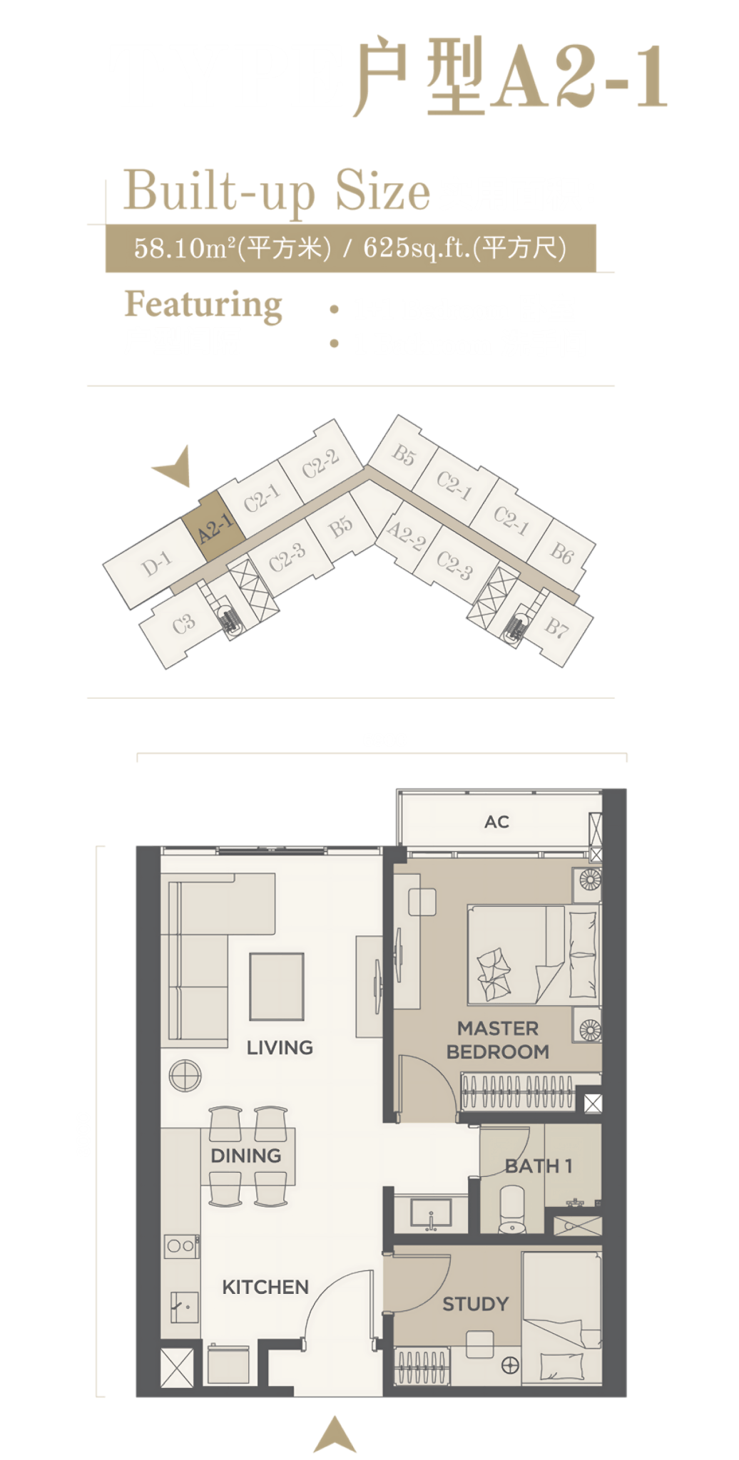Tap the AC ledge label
point(496,822)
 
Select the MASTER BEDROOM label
point(498,1039)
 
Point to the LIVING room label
point(280,1047)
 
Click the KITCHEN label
point(265,1287)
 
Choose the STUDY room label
point(476,1304)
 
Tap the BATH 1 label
point(539,1166)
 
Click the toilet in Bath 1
point(512,1208)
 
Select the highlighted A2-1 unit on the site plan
point(214,527)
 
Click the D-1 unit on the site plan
point(156,564)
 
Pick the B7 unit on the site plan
point(556,627)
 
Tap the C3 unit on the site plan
point(183,624)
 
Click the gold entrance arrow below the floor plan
point(335,1435)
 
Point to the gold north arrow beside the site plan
point(175,468)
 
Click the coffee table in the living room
point(277,987)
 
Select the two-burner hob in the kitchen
point(180,1245)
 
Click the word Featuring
point(203,304)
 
